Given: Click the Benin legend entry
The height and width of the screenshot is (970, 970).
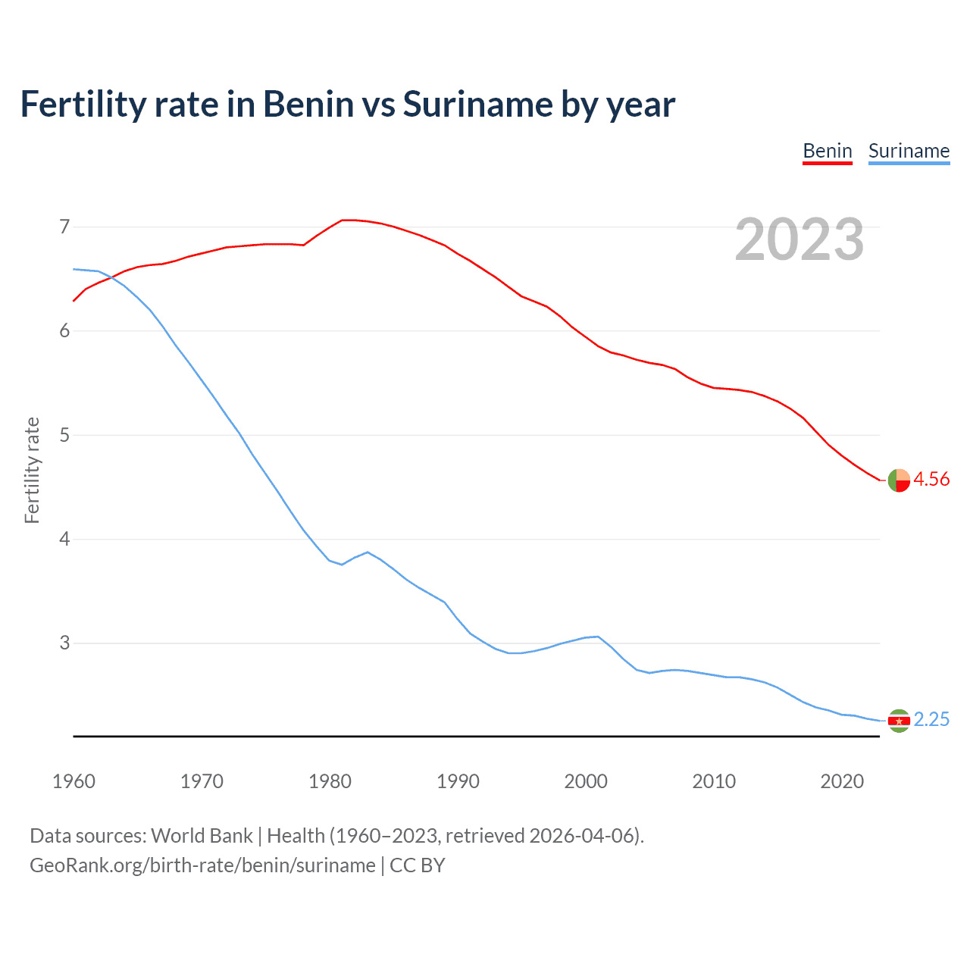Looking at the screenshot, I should click(828, 151).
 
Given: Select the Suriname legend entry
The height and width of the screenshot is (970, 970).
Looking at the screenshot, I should click(909, 151).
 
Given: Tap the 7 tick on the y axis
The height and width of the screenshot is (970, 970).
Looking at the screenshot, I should click(64, 227).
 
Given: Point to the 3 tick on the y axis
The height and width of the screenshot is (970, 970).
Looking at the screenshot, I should click(64, 643).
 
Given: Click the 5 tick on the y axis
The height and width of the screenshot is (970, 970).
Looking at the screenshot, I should click(64, 435).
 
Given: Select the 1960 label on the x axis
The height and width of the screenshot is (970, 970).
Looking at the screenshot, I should click(74, 781).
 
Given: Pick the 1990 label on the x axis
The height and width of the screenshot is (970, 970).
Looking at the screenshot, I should click(458, 781).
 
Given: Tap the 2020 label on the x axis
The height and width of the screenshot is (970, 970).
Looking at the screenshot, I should click(842, 781).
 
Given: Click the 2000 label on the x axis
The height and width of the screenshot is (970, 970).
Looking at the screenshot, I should click(586, 781).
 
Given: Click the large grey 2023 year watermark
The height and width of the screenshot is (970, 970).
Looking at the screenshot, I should click(799, 239).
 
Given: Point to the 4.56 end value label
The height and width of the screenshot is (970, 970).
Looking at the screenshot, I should click(931, 479).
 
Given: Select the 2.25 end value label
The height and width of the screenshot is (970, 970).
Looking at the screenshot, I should click(931, 719).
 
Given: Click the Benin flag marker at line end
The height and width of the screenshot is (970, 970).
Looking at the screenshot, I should click(899, 480).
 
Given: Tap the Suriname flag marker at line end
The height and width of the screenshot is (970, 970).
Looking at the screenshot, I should click(899, 721).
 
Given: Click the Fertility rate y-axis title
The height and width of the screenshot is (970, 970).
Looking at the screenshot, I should click(32, 470).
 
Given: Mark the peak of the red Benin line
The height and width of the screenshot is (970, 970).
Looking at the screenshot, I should click(347, 220).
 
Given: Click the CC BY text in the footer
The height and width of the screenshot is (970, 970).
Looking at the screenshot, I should click(418, 865).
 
